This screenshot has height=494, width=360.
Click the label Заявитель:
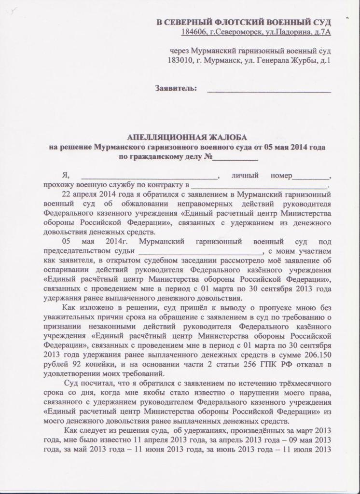pyautogui.click(x=176, y=88)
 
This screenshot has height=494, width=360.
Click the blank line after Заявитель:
pyautogui.click(x=269, y=90)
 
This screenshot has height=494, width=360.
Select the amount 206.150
pyautogui.click(x=317, y=355)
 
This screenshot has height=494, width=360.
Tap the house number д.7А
pyautogui.click(x=320, y=32)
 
